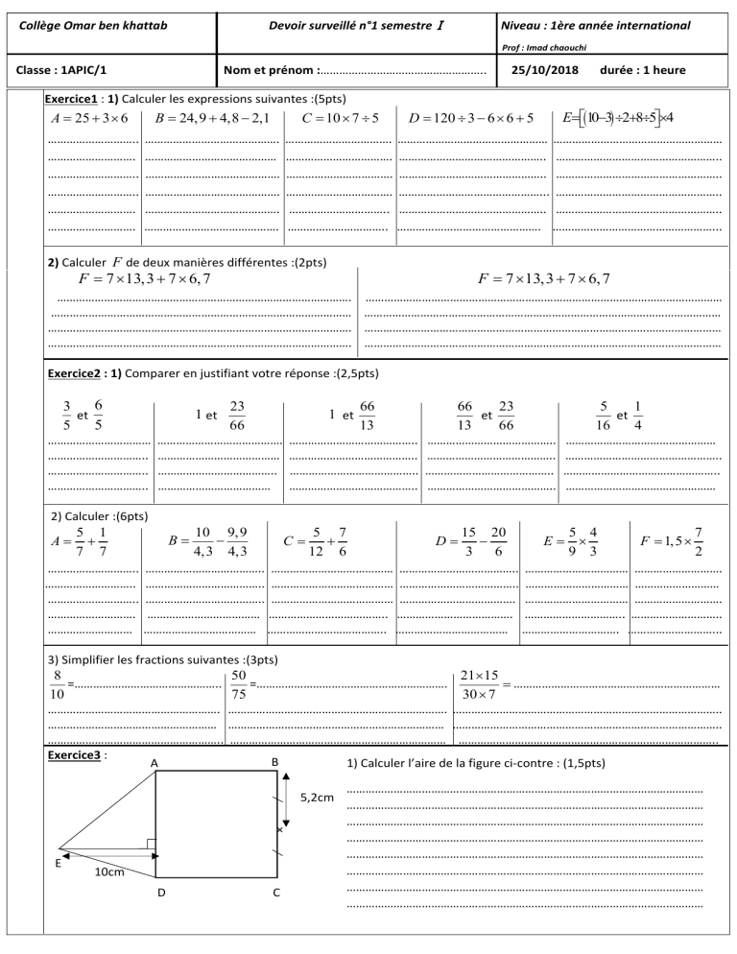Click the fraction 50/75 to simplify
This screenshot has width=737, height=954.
coord(239,686)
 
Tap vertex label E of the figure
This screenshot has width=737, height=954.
coord(58,864)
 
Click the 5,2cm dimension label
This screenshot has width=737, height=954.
coord(318,797)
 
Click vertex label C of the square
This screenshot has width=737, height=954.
coord(276,894)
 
